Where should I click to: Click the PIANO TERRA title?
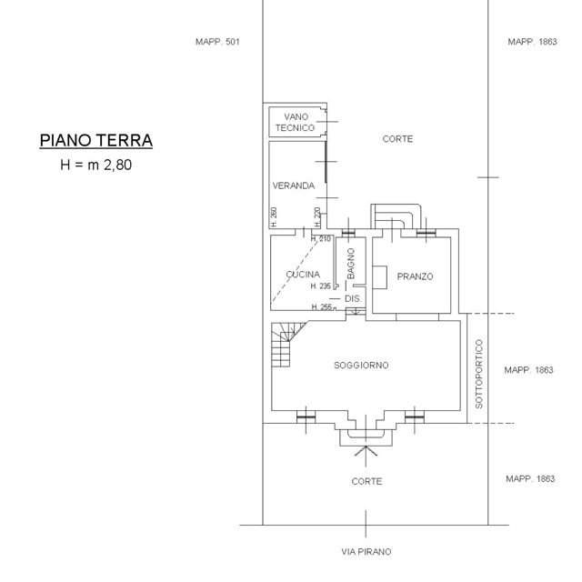(x=96, y=140)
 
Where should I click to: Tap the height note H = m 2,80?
(x=96, y=165)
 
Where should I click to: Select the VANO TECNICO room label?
(x=295, y=123)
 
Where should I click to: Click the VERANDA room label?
(x=294, y=186)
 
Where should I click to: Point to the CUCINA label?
(x=303, y=275)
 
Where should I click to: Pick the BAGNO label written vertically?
(x=351, y=264)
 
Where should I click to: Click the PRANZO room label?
(x=415, y=276)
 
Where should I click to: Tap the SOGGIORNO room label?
(x=361, y=366)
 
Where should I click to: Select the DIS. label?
(x=353, y=299)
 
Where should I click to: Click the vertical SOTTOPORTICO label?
(x=479, y=374)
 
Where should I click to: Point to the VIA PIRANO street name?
(x=366, y=552)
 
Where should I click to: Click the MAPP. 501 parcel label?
(x=217, y=42)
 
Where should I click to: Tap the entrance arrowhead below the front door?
(x=366, y=451)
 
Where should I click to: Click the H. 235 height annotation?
(x=320, y=286)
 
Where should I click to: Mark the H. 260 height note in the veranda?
(x=274, y=217)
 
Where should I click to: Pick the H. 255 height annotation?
(x=321, y=307)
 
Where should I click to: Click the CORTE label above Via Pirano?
(x=366, y=481)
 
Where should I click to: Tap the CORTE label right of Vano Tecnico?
(x=397, y=139)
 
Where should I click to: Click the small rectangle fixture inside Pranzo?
(x=380, y=277)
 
